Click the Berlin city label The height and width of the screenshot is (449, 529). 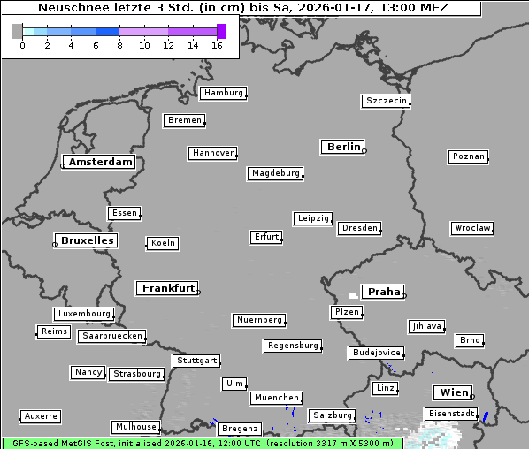(x=343, y=147)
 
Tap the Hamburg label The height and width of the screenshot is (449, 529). (x=223, y=93)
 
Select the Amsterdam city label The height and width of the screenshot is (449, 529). (x=101, y=162)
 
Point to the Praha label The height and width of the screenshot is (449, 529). (x=384, y=292)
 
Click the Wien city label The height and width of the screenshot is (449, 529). (x=452, y=392)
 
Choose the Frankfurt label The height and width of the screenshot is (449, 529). (x=168, y=288)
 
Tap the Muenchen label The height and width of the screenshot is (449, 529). (x=276, y=399)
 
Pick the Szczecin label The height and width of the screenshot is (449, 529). (x=387, y=101)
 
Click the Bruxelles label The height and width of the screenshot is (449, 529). (x=87, y=240)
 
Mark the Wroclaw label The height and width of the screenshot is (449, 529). (x=472, y=228)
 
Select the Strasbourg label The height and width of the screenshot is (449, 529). (x=137, y=374)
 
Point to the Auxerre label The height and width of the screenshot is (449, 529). (x=41, y=415)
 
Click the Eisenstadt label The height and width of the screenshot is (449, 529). (x=451, y=414)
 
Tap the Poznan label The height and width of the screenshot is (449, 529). (x=468, y=156)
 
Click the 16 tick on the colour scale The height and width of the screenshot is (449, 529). (x=217, y=45)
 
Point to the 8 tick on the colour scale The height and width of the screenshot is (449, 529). (x=119, y=45)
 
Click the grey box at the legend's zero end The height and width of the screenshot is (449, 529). (x=18, y=31)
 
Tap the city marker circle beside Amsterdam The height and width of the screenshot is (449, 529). (x=63, y=165)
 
